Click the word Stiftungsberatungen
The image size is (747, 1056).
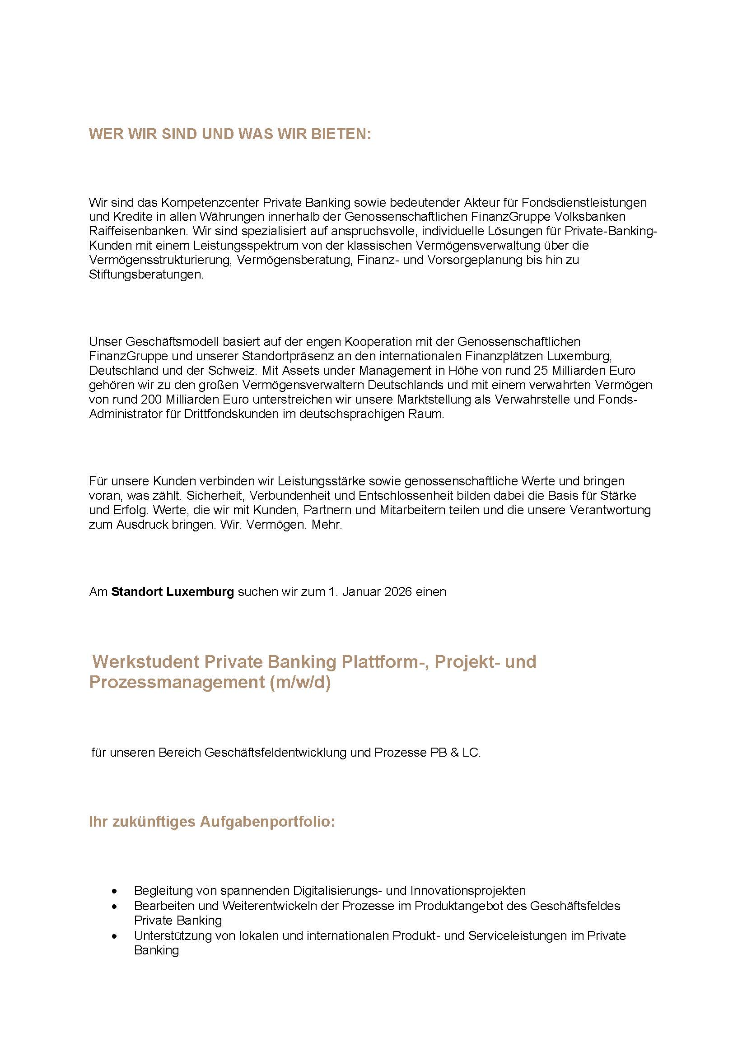tap(146, 274)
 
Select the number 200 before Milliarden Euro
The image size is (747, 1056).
tap(152, 399)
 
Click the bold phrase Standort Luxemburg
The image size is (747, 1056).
tap(173, 591)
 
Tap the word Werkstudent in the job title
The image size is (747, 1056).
tap(145, 662)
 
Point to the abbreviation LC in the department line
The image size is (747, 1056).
tap(471, 753)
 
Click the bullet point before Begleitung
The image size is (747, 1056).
tap(115, 891)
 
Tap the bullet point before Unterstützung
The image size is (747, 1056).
tap(115, 936)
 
